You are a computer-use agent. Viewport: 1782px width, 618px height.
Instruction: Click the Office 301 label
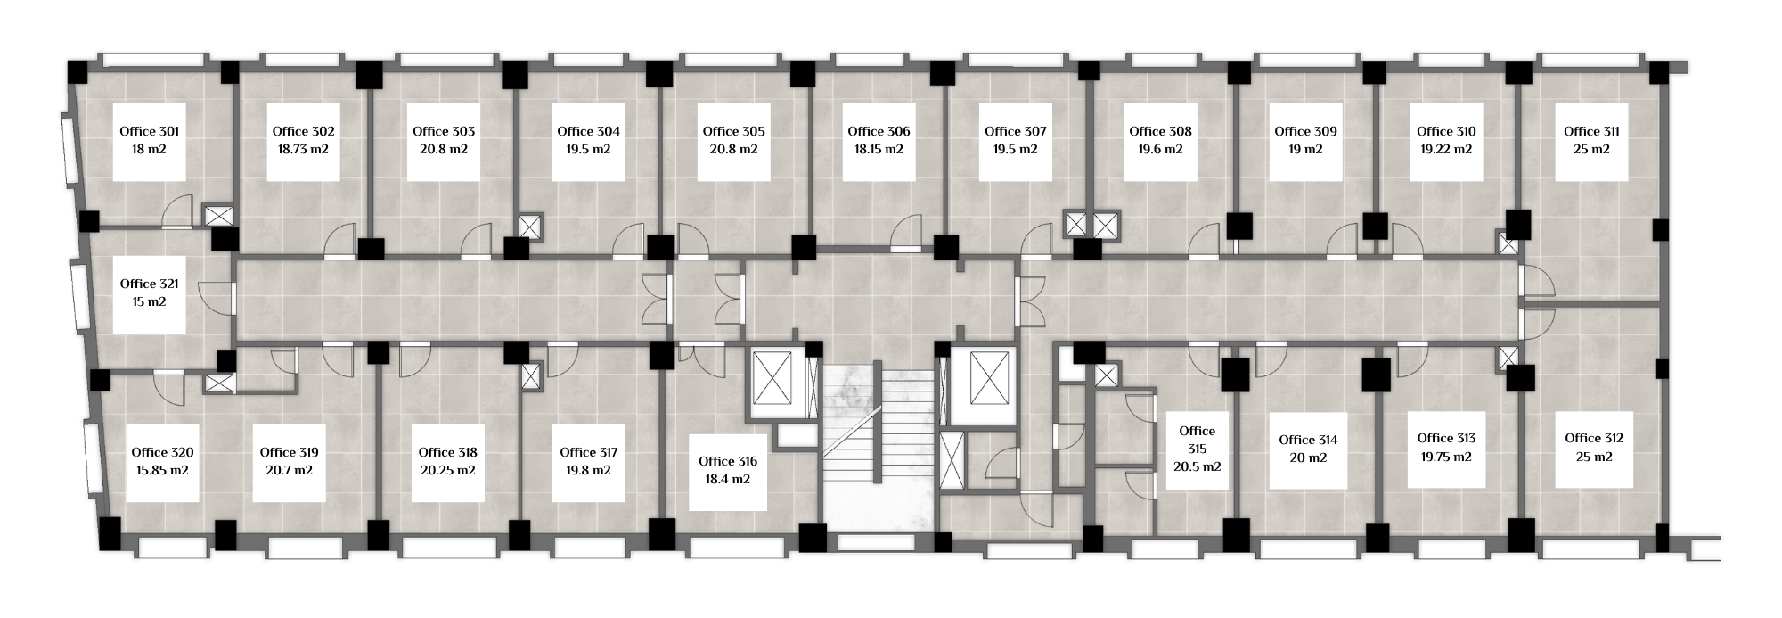pos(150,132)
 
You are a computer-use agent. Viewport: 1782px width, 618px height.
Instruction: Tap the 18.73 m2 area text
pos(303,150)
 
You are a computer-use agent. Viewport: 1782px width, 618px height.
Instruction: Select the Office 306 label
pos(879,132)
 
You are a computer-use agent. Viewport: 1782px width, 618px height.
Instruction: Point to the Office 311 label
pos(1591,132)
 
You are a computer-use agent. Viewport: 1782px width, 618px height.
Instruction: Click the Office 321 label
pos(150,284)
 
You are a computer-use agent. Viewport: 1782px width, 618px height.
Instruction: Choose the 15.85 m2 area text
pos(162,471)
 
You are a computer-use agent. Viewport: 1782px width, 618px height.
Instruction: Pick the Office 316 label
pos(728,461)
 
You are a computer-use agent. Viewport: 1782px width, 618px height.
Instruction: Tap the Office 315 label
pos(1197,440)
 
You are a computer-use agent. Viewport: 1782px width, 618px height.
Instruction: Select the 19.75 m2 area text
pos(1446,457)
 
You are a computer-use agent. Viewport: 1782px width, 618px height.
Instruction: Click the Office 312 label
pos(1594,439)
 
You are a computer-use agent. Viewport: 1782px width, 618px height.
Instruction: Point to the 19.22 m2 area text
pos(1446,150)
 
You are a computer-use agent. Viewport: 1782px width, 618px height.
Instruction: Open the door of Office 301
pos(177,213)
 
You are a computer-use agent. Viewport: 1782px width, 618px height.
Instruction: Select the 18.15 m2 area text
pos(879,150)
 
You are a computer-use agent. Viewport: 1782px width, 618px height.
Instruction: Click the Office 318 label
pos(447,453)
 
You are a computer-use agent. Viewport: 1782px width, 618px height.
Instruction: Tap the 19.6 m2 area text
pos(1160,150)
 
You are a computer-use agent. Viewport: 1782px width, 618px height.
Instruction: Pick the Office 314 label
pos(1308,440)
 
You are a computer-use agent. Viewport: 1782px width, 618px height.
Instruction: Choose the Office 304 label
pos(588,132)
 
